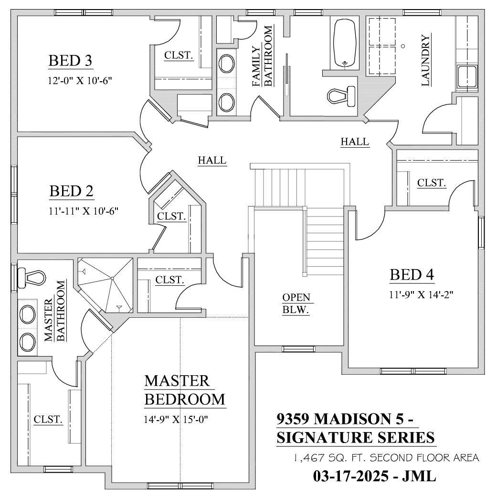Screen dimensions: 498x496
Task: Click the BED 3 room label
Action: pos(70,61)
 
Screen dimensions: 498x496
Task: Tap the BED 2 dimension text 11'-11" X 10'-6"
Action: pos(84,210)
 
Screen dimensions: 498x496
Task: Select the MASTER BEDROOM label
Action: pos(184,390)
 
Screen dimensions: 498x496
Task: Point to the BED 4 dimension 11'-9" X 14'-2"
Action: pos(421,295)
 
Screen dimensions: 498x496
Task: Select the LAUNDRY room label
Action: pos(426,60)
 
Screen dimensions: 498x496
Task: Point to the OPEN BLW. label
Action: pos(296,303)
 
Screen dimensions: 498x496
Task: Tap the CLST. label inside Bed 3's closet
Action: pos(179,55)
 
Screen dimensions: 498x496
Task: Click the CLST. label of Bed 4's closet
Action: pos(432,183)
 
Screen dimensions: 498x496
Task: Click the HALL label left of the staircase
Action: pos(212,161)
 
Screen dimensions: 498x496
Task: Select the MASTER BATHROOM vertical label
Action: pos(54,312)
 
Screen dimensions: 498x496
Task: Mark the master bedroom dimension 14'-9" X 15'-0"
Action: pos(177,420)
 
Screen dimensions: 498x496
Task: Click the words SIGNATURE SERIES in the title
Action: pos(356,437)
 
